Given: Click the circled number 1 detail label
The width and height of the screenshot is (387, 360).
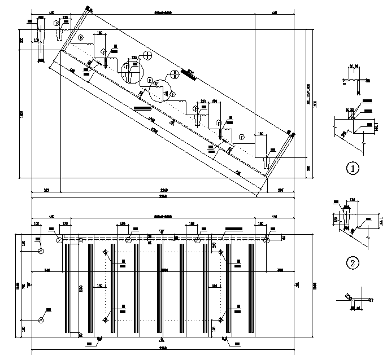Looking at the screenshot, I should pos(353,168).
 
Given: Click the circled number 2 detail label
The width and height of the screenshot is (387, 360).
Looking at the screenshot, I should pos(353,262).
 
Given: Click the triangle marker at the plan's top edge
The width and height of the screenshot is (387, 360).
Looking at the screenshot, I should pos(162,231).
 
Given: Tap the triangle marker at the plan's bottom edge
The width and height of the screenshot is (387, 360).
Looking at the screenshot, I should pos(162,339).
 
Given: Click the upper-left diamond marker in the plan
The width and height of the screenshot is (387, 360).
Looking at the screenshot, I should pos(106,252).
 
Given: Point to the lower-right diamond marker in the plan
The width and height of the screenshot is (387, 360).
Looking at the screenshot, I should pos(220,321).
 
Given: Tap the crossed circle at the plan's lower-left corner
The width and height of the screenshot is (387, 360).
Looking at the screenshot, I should pos(41,319).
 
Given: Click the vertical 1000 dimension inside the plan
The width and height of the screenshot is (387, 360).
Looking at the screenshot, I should pos(81,288).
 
